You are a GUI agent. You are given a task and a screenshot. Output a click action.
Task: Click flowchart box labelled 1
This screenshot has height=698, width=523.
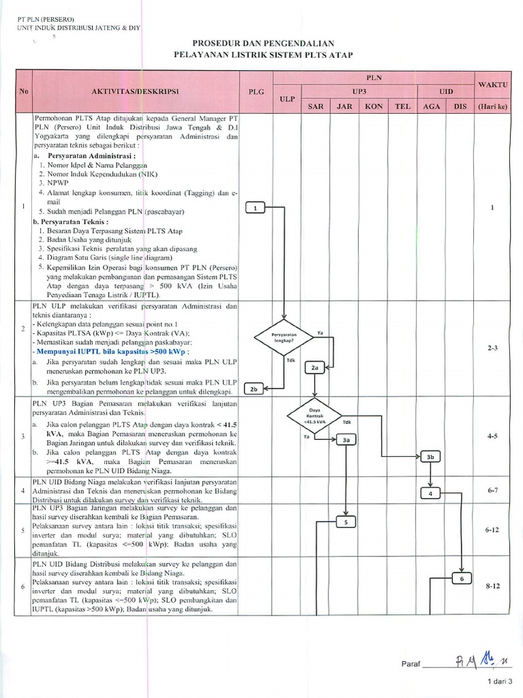tap(255, 208)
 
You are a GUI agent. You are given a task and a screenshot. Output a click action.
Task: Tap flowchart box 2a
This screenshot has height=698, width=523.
tap(315, 367)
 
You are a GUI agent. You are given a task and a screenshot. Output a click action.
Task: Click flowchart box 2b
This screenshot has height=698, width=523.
tap(255, 389)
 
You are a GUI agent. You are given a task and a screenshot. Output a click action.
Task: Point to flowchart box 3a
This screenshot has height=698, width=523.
tap(346, 440)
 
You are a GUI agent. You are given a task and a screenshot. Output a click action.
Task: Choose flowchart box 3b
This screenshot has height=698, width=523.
tap(431, 457)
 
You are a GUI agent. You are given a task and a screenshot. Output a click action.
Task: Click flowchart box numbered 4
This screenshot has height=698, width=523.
tap(431, 493)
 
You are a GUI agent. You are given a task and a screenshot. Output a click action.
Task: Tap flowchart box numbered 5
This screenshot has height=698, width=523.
tap(346, 522)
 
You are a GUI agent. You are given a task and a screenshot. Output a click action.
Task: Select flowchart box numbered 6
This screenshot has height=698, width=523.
tap(461, 578)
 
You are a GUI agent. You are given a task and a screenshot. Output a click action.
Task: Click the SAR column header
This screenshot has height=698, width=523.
tap(316, 106)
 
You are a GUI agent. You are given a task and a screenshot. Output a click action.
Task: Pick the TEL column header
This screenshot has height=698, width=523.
tap(402, 106)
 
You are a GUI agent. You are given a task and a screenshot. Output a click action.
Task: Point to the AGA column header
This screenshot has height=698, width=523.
tap(431, 106)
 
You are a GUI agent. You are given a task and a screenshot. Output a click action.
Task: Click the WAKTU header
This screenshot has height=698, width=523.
tap(492, 83)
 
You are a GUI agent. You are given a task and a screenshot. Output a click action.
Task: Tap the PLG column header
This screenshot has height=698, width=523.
tap(255, 91)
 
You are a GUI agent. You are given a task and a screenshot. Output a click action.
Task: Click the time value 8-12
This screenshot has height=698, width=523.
tap(492, 585)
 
